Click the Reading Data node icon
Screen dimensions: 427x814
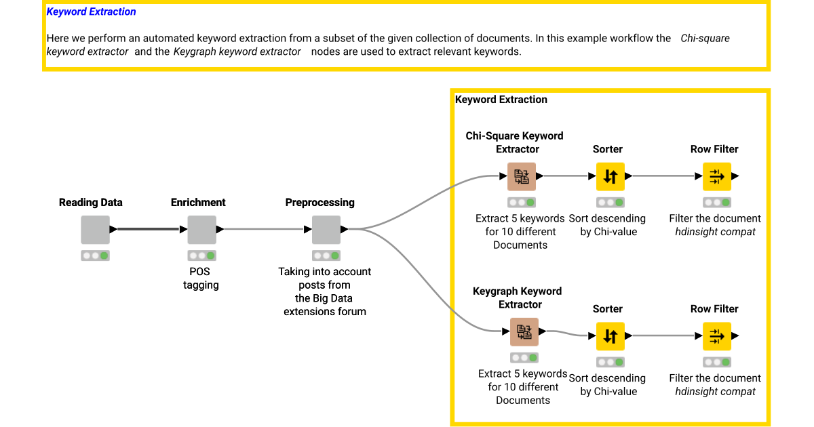(95, 230)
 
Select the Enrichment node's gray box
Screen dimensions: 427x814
(201, 230)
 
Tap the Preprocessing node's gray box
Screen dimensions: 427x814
(326, 230)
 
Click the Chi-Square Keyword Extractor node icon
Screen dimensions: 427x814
(521, 177)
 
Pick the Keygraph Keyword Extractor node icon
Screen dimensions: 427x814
(524, 332)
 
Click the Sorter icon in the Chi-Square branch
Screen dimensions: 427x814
(610, 177)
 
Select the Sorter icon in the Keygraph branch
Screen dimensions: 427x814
(610, 336)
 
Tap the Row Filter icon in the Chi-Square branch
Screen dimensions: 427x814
(716, 177)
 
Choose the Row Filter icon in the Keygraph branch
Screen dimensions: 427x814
(716, 336)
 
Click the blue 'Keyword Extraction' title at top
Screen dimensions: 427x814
(91, 12)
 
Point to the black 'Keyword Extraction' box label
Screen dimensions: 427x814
(501, 100)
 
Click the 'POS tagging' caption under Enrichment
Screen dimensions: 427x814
(201, 279)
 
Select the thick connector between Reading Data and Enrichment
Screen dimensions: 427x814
(148, 229)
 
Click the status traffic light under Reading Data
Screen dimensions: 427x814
(95, 256)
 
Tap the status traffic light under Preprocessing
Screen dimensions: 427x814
(326, 256)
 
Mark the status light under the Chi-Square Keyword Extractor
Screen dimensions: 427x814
(521, 203)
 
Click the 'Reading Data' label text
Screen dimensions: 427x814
(91, 203)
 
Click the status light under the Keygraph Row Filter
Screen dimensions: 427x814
(716, 362)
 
